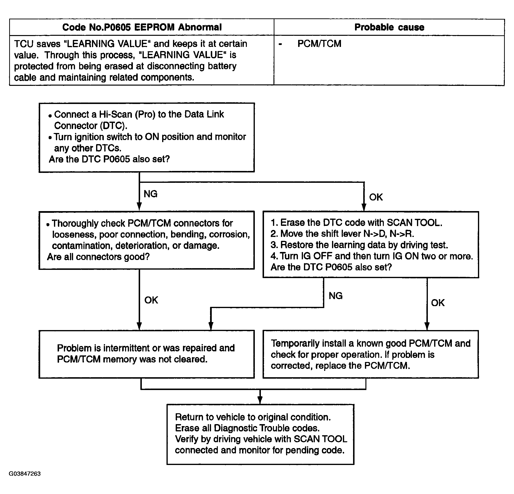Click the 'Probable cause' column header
[389, 27]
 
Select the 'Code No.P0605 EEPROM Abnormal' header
[142, 27]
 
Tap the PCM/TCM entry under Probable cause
[319, 44]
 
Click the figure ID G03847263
[25, 473]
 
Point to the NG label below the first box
[151, 194]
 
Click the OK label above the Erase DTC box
[376, 197]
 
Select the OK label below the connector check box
[151, 300]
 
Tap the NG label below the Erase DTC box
[336, 296]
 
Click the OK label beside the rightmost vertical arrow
[438, 303]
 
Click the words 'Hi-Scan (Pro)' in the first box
[127, 115]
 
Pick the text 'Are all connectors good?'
[98, 257]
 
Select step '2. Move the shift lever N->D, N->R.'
[342, 234]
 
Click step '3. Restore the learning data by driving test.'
[359, 245]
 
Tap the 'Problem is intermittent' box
[147, 354]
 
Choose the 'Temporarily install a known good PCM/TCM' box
[371, 354]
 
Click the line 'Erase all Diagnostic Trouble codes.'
[247, 428]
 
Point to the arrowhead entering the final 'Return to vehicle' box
[260, 400]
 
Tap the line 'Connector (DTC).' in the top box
[91, 126]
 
